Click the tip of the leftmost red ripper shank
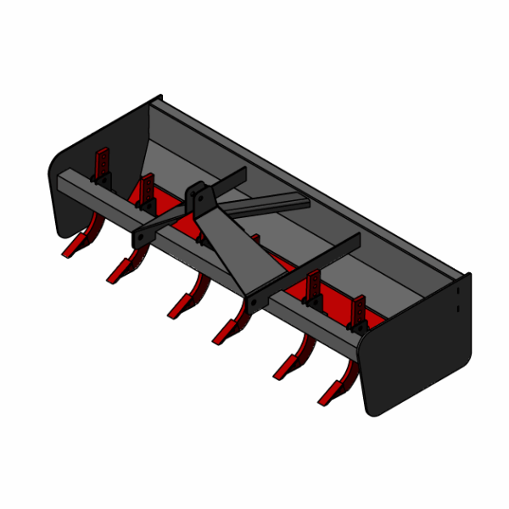(x=65, y=254)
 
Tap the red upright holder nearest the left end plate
(x=101, y=165)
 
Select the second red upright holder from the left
(x=147, y=191)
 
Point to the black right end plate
(x=416, y=356)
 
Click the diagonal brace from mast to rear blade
(x=271, y=204)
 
